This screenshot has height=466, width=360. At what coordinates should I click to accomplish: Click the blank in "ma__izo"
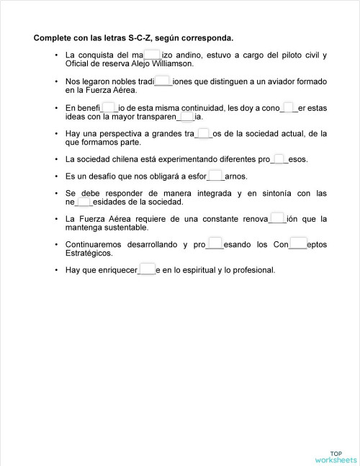click(152, 54)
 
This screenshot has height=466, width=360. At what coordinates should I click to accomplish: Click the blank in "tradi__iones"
click(163, 81)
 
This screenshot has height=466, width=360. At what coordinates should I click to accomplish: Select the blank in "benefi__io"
click(109, 108)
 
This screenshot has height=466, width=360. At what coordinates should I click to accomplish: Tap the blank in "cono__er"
click(289, 108)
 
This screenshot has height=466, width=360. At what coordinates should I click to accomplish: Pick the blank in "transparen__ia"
click(186, 117)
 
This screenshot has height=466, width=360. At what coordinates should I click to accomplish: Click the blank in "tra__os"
click(203, 133)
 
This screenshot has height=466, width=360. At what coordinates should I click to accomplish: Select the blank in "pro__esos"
click(279, 159)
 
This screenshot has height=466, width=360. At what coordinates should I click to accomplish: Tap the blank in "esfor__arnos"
click(215, 176)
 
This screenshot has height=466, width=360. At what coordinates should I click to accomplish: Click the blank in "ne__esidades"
click(84, 202)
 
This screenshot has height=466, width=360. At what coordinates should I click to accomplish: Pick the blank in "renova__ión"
click(277, 219)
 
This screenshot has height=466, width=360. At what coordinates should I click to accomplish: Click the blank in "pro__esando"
click(215, 245)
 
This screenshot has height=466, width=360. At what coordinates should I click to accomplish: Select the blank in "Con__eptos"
click(298, 245)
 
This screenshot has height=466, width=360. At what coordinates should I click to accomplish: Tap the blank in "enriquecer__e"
click(148, 270)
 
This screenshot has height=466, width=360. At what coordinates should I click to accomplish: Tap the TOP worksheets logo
click(335, 455)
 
